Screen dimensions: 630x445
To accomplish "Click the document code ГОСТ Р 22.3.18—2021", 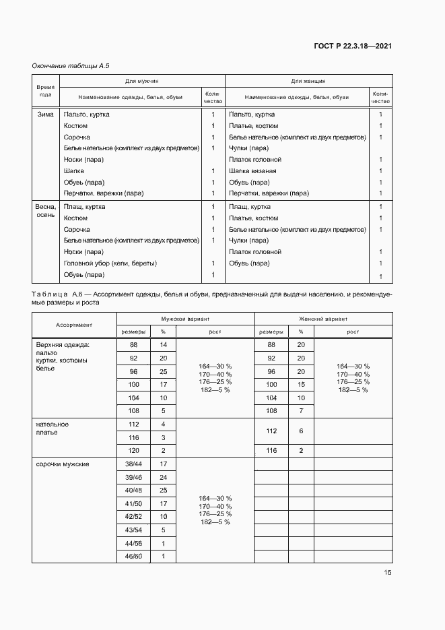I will tap(353, 46).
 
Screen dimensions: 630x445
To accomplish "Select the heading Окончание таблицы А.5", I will tap(71, 65).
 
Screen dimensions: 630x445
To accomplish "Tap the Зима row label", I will tap(46, 115).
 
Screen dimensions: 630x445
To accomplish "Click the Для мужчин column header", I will tap(141, 81).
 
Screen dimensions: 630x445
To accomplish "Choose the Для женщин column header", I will tap(308, 81).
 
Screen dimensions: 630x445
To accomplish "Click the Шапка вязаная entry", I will tap(252, 171).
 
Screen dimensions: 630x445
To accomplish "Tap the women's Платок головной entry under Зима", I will tap(255, 160).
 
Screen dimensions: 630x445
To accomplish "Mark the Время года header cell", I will tap(46, 91).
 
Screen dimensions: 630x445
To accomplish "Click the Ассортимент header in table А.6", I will tap(74, 325).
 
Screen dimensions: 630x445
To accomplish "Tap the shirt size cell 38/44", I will tap(133, 464).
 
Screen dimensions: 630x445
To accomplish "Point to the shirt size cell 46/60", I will tap(133, 556).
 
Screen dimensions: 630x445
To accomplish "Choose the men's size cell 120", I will tap(133, 449).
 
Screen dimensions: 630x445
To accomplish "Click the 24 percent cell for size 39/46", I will tap(163, 476).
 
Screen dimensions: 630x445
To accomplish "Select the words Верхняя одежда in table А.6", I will tap(63, 344).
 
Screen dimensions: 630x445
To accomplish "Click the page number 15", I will tap(387, 573).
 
